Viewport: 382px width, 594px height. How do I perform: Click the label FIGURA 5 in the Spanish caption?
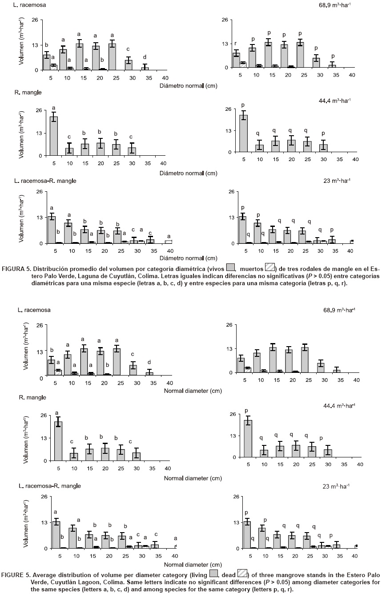click(x=16, y=269)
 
